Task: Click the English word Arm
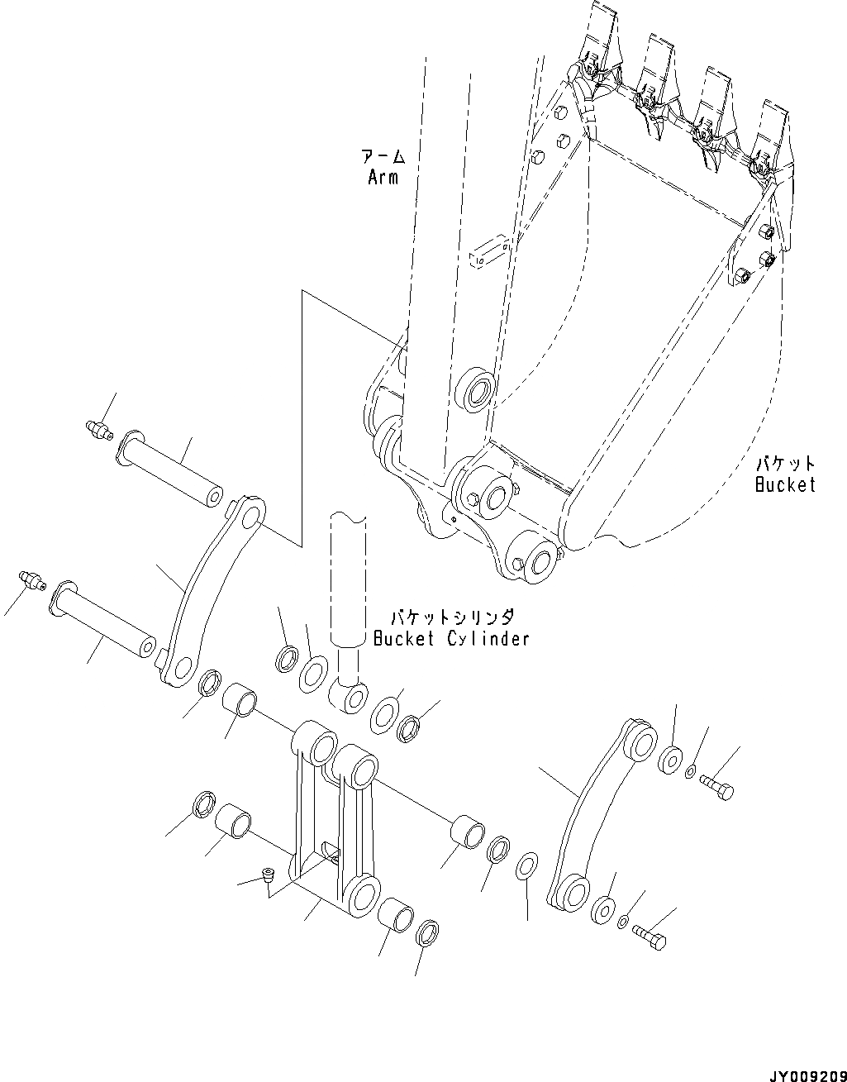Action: point(383,177)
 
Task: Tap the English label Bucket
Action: point(784,484)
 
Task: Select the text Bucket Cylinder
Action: point(450,638)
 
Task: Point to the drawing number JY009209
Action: point(807,1072)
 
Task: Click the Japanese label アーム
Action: point(383,157)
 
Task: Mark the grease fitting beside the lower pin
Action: point(31,579)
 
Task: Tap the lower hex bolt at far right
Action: point(650,937)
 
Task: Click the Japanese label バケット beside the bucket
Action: point(785,464)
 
